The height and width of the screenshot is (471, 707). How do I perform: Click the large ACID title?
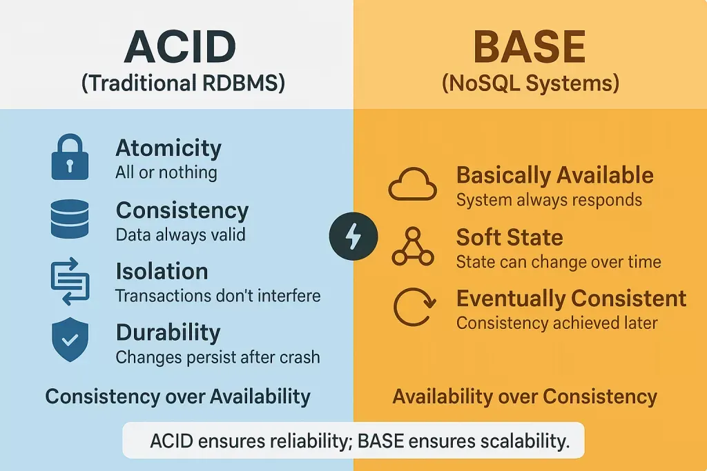[180, 47]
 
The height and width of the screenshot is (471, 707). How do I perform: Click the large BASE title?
[530, 47]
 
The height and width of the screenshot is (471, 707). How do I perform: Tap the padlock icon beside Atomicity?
[70, 157]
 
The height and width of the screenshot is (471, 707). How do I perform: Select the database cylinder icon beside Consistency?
[70, 219]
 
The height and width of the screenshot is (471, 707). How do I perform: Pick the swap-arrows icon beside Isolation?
[70, 281]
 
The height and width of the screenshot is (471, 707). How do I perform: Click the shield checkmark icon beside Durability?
[70, 339]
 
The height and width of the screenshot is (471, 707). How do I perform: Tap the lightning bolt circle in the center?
[353, 236]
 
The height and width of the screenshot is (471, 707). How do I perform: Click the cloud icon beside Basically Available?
[413, 184]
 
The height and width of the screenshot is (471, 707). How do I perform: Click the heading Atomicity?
[168, 148]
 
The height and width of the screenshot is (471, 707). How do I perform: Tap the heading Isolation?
[162, 272]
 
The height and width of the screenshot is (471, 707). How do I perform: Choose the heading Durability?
[168, 333]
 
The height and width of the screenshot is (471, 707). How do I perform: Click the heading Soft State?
[510, 237]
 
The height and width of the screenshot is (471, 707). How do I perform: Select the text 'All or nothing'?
[166, 172]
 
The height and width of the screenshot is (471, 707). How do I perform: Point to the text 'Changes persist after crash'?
[217, 357]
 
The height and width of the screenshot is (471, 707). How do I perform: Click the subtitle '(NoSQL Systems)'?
[530, 83]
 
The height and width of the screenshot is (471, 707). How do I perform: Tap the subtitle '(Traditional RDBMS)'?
[183, 83]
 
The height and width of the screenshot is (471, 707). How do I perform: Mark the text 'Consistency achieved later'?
[557, 323]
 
